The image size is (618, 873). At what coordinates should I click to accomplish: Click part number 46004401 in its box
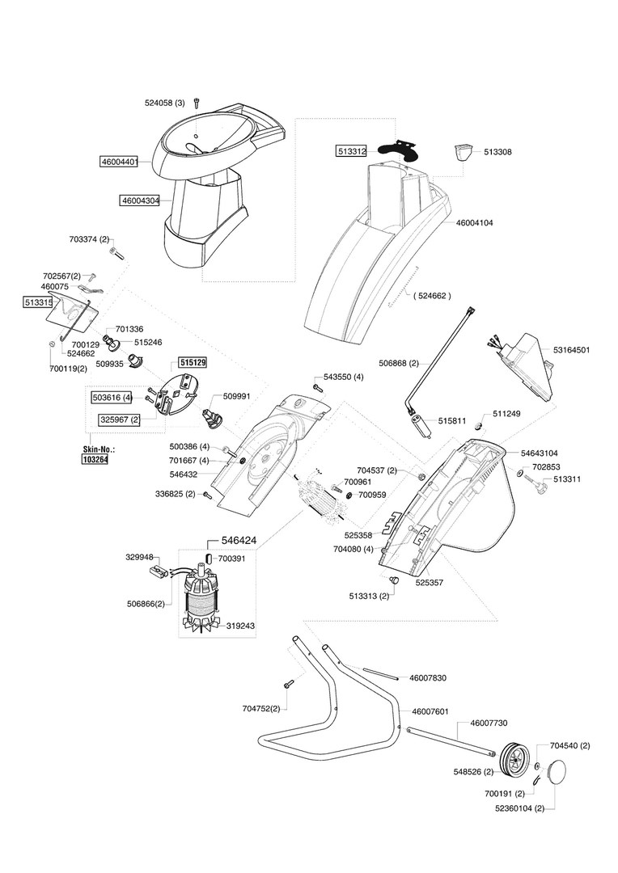click(x=119, y=162)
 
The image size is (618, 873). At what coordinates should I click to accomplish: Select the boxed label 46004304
click(x=140, y=200)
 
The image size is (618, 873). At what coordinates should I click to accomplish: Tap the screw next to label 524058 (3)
click(x=196, y=103)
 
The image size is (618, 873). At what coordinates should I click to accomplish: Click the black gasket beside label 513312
click(x=397, y=149)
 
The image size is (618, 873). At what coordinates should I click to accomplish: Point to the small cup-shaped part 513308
click(x=462, y=152)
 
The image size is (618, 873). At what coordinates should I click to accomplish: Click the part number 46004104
click(x=474, y=223)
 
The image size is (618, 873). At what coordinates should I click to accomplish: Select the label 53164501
click(x=571, y=350)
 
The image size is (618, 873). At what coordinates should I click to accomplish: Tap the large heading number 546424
click(x=239, y=541)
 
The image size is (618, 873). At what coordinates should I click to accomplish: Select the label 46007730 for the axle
click(x=489, y=723)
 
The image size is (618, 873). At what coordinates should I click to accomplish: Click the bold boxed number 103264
click(x=95, y=460)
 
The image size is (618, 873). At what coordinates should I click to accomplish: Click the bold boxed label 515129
click(x=193, y=362)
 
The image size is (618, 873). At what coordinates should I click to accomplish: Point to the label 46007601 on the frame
click(x=430, y=711)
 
